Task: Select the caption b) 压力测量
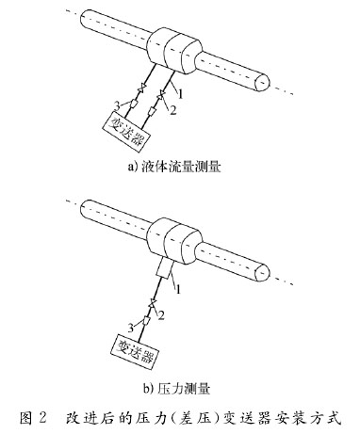179,386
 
